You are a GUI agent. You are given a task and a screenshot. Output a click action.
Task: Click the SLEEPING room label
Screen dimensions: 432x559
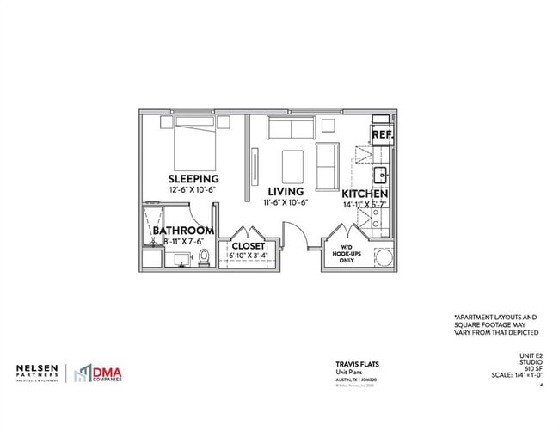193,178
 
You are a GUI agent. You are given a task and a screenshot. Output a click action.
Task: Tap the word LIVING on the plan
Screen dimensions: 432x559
286,191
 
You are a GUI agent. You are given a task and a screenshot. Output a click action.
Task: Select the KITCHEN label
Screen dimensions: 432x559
365,194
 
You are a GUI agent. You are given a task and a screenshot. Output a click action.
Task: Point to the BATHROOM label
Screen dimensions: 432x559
183,231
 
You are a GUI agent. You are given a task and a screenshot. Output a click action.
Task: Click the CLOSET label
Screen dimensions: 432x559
249,246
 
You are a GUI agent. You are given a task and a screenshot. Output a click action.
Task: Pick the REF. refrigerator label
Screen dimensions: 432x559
383,135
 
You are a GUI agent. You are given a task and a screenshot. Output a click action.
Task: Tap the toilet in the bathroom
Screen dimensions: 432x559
204,256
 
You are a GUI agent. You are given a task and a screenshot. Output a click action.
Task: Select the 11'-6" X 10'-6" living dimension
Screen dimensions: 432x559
286,203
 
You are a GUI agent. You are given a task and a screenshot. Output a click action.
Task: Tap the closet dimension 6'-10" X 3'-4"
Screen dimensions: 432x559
249,256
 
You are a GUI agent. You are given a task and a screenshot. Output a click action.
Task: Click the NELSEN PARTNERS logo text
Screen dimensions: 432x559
37,373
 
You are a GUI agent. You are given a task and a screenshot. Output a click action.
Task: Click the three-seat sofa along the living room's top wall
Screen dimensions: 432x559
290,129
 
